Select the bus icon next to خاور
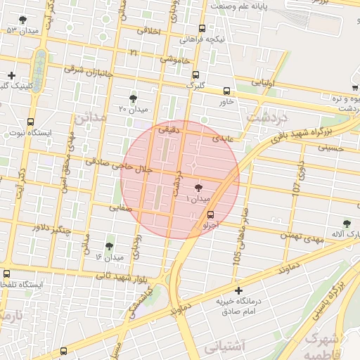click(226, 91)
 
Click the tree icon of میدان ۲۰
click(133, 98)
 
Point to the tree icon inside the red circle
click(198, 188)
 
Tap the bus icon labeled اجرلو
click(211, 216)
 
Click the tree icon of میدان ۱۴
click(108, 247)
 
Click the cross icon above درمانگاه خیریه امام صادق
click(238, 290)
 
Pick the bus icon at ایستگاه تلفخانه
click(7, 274)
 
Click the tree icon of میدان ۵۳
click(23, 20)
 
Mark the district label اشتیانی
click(224, 345)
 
